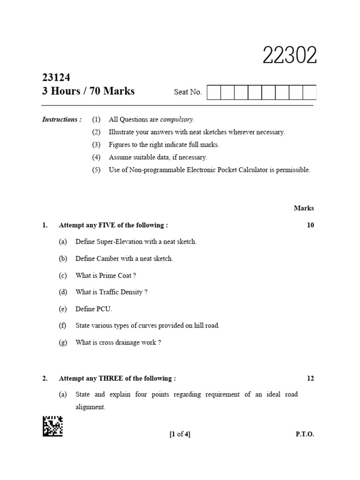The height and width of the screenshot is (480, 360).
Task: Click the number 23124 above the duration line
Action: (56, 78)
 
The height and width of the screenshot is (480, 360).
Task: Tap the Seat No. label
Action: (188, 92)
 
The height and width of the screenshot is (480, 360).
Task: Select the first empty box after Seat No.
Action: (213, 92)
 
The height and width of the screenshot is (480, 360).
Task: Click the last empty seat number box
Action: (309, 92)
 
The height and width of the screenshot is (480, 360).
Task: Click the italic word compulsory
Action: (177, 120)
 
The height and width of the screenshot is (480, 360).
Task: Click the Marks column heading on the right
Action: (304, 208)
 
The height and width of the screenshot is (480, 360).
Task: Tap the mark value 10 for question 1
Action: (310, 225)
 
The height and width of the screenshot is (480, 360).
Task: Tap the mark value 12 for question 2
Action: (310, 378)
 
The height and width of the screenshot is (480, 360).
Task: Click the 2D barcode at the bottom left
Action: (52, 426)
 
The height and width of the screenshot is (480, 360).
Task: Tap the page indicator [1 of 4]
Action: (180, 434)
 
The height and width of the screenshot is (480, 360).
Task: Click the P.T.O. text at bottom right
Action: (305, 434)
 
